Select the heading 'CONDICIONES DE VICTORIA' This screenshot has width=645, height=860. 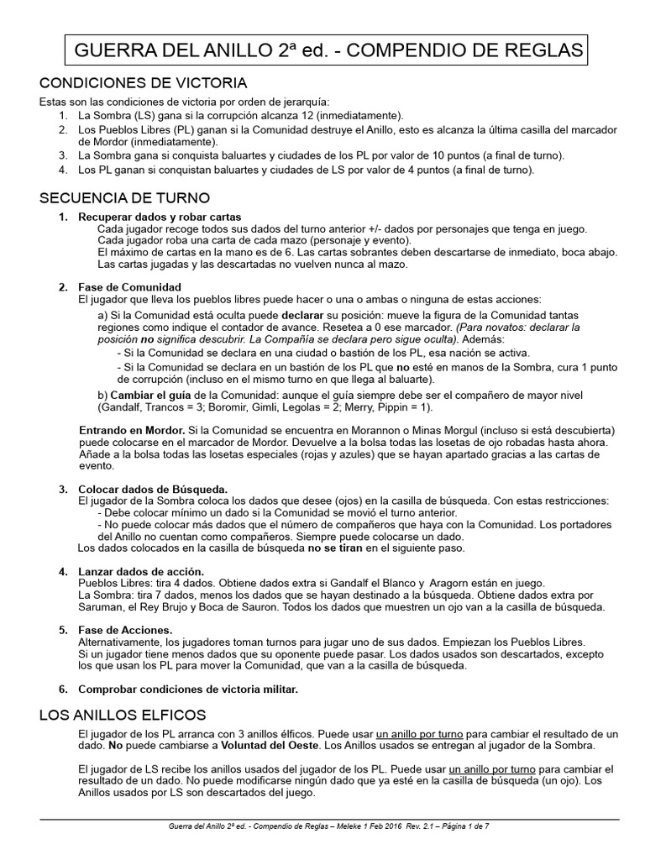[x=144, y=83]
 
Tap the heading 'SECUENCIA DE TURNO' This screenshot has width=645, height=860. [x=125, y=198]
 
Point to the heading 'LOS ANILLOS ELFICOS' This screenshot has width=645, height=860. [x=123, y=715]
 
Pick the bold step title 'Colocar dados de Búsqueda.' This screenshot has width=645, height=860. [x=153, y=490]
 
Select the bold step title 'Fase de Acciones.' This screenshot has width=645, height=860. [x=126, y=630]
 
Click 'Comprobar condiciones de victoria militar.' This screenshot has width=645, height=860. [x=188, y=690]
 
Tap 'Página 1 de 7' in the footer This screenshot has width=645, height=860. [x=460, y=826]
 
